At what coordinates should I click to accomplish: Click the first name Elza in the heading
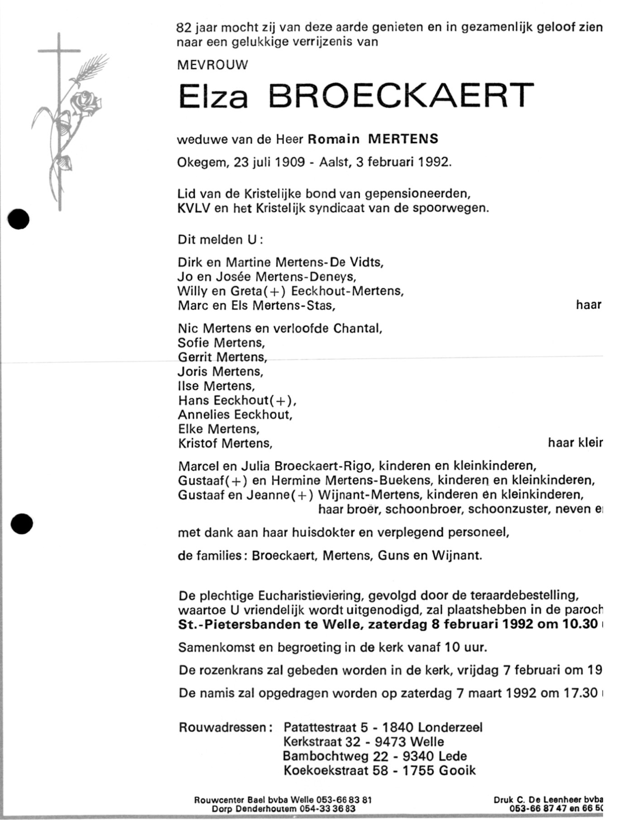[214, 96]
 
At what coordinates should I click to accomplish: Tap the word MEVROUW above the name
[212, 65]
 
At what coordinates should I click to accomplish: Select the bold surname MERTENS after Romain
[403, 139]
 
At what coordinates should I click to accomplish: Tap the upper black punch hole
[19, 219]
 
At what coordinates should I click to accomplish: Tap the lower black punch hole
[21, 524]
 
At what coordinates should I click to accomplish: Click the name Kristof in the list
[198, 443]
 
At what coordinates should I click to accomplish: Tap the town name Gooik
[457, 771]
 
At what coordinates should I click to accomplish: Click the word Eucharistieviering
[318, 596]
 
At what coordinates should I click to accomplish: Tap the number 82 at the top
[184, 28]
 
